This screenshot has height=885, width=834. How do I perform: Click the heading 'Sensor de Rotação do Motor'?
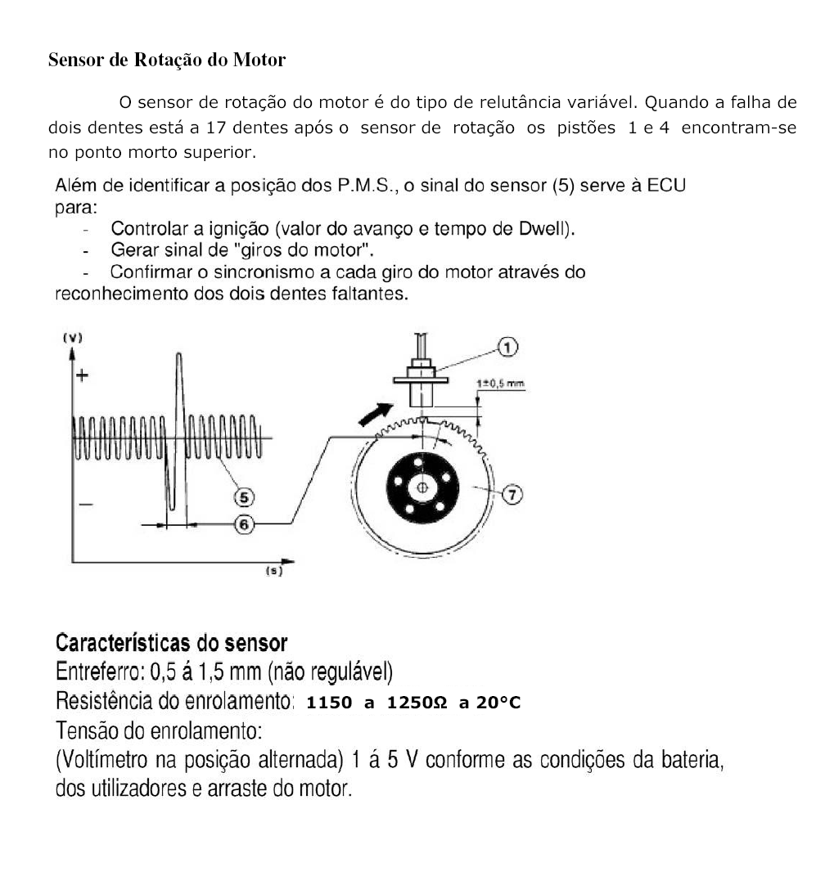click(167, 60)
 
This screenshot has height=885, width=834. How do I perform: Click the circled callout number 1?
click(507, 348)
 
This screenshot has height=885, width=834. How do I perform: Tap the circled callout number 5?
click(244, 496)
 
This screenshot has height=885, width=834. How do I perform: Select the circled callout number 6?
click(244, 524)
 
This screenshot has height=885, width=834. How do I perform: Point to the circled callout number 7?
click(512, 494)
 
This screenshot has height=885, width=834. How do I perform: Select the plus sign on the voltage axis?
click(82, 376)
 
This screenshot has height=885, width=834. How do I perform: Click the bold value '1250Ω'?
click(417, 703)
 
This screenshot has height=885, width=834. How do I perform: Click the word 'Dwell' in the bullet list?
click(547, 229)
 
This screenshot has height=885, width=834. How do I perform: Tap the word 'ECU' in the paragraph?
click(666, 185)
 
